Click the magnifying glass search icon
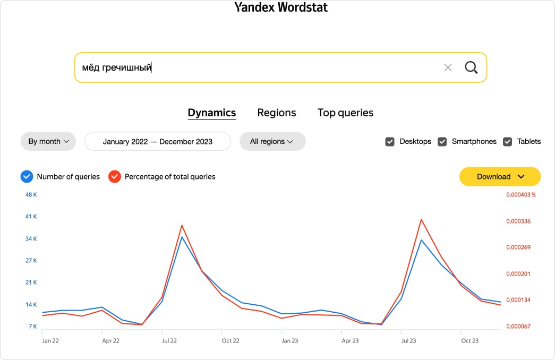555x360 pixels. click(471, 67)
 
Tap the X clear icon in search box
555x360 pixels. click(448, 67)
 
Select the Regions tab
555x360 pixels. click(277, 113)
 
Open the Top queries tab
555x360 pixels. click(345, 113)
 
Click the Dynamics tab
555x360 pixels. click(212, 113)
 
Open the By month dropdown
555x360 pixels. click(48, 141)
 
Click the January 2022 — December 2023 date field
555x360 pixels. click(158, 141)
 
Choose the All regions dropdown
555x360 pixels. click(272, 141)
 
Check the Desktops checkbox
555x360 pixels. click(390, 142)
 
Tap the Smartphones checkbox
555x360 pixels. click(442, 142)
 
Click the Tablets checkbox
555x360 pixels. click(507, 142)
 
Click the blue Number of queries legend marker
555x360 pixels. click(27, 177)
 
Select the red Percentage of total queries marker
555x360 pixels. click(114, 177)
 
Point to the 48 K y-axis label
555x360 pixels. click(31, 195)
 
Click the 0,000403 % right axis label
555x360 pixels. click(520, 195)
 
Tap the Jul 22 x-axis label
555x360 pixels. click(169, 340)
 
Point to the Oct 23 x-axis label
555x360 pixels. click(470, 340)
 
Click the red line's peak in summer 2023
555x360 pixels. click(421, 219)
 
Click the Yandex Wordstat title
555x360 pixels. click(281, 7)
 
